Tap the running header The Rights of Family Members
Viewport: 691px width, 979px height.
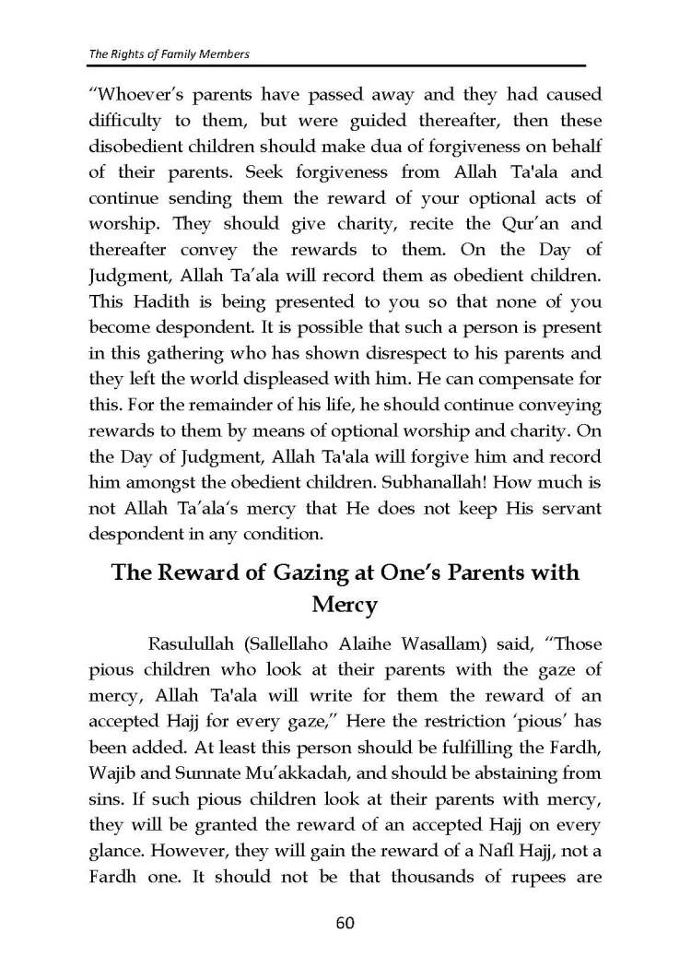169,54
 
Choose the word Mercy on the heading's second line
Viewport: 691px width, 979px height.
345,606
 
